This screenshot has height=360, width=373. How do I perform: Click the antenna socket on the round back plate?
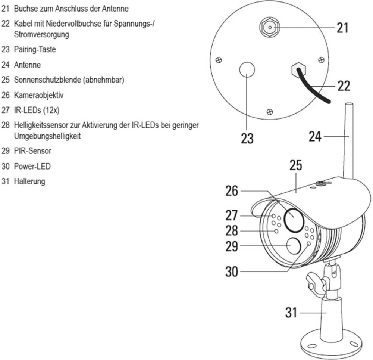[269, 27]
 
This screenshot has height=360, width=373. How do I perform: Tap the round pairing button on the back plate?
[247, 70]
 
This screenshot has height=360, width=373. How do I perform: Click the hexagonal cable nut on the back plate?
[298, 69]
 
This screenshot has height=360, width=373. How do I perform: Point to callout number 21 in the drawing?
[342, 27]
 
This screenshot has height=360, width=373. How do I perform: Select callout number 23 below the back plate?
[247, 139]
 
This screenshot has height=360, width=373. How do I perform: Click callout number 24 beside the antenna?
[315, 137]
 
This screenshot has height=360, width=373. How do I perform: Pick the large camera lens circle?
[293, 219]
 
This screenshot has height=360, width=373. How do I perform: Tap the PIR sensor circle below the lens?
[294, 246]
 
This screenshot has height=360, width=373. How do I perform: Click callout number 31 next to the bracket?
[291, 312]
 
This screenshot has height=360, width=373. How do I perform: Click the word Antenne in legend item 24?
[27, 65]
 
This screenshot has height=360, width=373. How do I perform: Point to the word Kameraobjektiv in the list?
[38, 95]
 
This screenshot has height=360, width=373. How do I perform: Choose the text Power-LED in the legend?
[32, 166]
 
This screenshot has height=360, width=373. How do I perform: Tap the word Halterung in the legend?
[29, 181]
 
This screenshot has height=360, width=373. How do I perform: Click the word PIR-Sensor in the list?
[32, 151]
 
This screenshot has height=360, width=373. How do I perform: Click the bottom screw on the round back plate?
[270, 111]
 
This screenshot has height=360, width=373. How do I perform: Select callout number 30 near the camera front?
[231, 271]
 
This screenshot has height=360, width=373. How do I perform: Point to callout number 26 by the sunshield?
[232, 191]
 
